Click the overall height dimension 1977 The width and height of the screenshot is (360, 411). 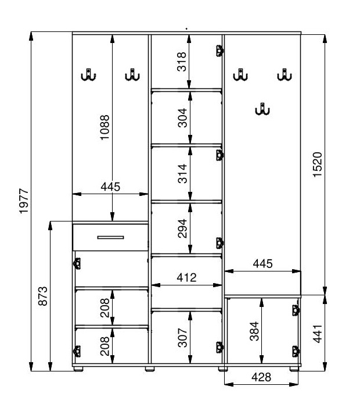click(x=24, y=201)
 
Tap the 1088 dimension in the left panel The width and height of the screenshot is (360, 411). click(x=105, y=127)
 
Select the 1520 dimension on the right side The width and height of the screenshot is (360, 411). click(x=318, y=165)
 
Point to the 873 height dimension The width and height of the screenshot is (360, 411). click(x=43, y=296)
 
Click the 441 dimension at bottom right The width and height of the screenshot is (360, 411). click(x=318, y=334)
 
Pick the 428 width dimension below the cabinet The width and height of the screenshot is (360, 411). click(x=261, y=377)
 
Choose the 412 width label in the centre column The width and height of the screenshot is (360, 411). click(x=186, y=277)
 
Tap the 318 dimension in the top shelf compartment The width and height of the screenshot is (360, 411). click(x=182, y=62)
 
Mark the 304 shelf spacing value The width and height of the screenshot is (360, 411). click(x=182, y=117)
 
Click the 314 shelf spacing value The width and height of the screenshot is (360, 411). click(x=182, y=173)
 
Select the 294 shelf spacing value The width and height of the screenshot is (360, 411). click(x=182, y=228)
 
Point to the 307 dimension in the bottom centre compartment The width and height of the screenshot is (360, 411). click(x=182, y=338)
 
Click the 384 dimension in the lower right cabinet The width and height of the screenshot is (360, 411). click(x=254, y=331)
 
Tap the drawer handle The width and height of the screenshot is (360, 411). click(x=110, y=238)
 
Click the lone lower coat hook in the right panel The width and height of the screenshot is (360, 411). click(x=262, y=109)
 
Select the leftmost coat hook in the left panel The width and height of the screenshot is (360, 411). click(x=88, y=75)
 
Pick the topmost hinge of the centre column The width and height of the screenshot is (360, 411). click(x=219, y=51)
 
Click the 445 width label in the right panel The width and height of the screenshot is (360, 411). click(x=262, y=263)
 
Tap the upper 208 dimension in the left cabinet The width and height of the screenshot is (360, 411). click(x=105, y=308)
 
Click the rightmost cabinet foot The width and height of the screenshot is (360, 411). click(x=294, y=369)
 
